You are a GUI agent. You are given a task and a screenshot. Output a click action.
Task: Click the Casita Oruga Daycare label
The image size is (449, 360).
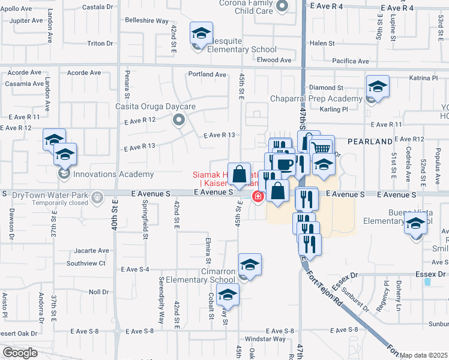155,107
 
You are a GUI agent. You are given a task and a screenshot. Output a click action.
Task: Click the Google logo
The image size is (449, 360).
20,352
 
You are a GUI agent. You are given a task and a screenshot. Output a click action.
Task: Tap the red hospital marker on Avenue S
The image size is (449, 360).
258,196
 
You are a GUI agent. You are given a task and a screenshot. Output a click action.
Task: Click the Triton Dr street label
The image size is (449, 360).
100,43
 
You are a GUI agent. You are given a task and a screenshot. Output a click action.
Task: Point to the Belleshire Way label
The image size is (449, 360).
146,20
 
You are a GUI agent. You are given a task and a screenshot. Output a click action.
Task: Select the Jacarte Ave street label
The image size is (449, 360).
92,250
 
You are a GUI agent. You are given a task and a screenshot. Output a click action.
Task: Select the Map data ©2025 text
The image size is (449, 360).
424,355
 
